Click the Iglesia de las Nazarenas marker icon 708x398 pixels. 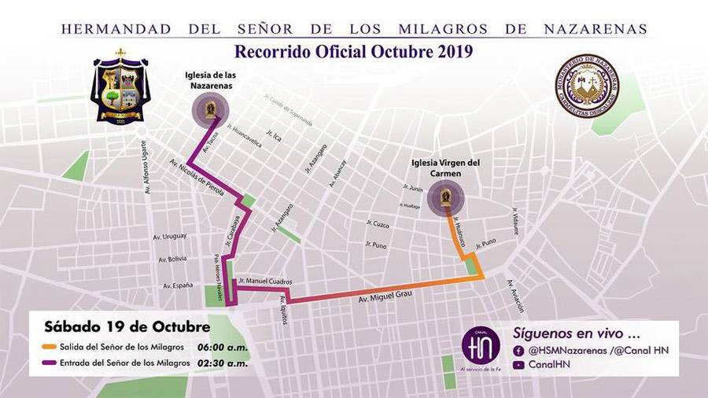pyautogui.click(x=211, y=109)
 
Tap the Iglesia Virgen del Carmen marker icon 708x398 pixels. pyautogui.click(x=445, y=196)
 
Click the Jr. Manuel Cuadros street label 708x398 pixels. pyautogui.click(x=265, y=281)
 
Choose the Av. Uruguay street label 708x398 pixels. pyautogui.click(x=169, y=236)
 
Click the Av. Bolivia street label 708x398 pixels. pyautogui.click(x=172, y=259)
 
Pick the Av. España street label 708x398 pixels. pyautogui.click(x=177, y=286)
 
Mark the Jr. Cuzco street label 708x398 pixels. pyautogui.click(x=378, y=224)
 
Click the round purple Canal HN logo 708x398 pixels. pyautogui.click(x=481, y=345)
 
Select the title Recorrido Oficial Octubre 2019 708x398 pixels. pyautogui.click(x=353, y=53)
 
